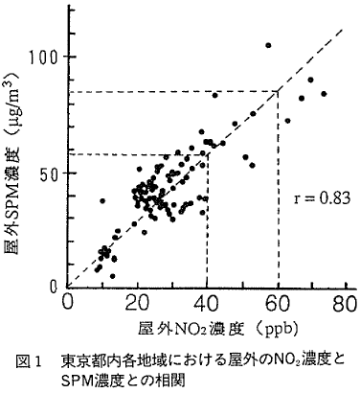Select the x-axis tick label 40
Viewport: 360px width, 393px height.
click(x=207, y=304)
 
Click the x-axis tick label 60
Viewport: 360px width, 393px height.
click(x=277, y=304)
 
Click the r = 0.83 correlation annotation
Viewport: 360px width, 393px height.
click(x=322, y=199)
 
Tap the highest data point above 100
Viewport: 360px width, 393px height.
click(x=268, y=45)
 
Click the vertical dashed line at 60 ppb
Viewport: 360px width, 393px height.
click(x=277, y=192)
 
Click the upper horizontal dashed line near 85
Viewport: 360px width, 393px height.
click(x=172, y=92)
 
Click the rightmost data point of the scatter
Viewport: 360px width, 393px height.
click(x=324, y=94)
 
